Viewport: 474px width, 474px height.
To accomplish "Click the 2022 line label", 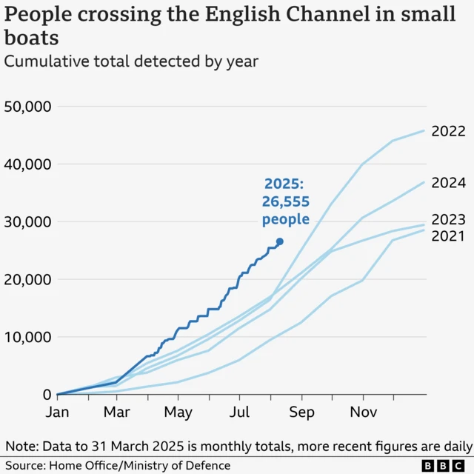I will pyautogui.click(x=449, y=131).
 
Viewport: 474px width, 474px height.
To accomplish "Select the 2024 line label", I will pyautogui.click(x=449, y=183).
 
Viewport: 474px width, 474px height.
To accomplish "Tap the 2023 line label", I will pyautogui.click(x=449, y=220).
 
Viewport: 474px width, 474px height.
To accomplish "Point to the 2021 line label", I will pyautogui.click(x=449, y=236).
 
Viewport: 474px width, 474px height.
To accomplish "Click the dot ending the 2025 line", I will pyautogui.click(x=279, y=241).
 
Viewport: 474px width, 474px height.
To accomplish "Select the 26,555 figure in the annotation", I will pyautogui.click(x=285, y=201).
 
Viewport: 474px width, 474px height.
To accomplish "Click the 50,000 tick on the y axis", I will pyautogui.click(x=27, y=106).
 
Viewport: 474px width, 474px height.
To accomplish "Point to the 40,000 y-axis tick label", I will pyautogui.click(x=27, y=164).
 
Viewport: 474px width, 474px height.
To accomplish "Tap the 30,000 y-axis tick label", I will pyautogui.click(x=27, y=221).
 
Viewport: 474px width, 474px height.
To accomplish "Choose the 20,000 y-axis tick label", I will pyautogui.click(x=27, y=279).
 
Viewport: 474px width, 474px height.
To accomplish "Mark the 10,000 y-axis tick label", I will pyautogui.click(x=27, y=337).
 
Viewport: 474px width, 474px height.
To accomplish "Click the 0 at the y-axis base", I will pyautogui.click(x=46, y=395).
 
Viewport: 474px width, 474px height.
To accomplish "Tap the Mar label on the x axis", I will pyautogui.click(x=117, y=412).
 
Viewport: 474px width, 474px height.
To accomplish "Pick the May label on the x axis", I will pyautogui.click(x=178, y=412).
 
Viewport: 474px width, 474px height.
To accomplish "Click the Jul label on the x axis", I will pyautogui.click(x=239, y=412).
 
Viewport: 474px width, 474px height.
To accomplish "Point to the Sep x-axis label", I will pyautogui.click(x=301, y=412).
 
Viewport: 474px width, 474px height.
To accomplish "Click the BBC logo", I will pyautogui.click(x=444, y=465).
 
